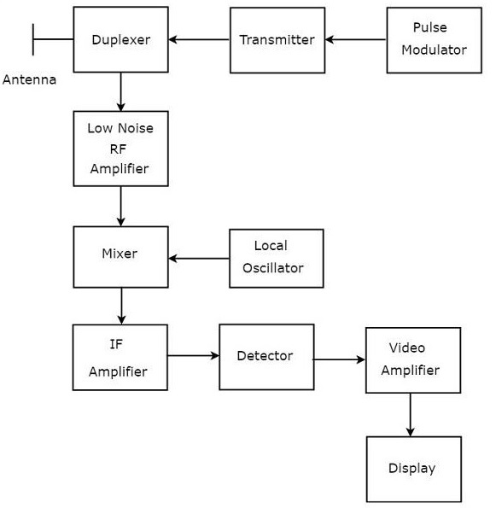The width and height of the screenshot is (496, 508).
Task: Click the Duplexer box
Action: point(120,39)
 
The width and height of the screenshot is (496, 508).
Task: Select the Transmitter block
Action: point(277,39)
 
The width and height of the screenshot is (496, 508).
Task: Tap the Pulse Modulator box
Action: point(434,39)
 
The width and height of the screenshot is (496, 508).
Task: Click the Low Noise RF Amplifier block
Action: point(120,149)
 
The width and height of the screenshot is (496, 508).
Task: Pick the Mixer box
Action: point(120,256)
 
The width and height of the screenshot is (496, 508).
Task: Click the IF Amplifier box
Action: point(120,357)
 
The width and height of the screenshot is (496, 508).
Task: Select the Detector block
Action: point(266,356)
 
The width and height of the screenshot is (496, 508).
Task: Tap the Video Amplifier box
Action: point(413,360)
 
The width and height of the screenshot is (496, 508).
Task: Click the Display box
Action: point(413,469)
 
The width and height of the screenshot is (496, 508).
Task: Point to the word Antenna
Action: point(29,80)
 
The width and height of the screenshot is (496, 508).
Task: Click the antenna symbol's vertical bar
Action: point(33,39)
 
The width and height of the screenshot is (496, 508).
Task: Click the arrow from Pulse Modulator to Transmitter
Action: point(355,39)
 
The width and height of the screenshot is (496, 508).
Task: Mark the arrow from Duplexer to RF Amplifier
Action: point(120,91)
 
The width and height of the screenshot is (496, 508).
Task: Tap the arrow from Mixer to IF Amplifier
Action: point(120,306)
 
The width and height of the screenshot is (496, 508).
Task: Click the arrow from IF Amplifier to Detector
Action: point(193,355)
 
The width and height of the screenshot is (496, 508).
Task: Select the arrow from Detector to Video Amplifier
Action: point(339,359)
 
